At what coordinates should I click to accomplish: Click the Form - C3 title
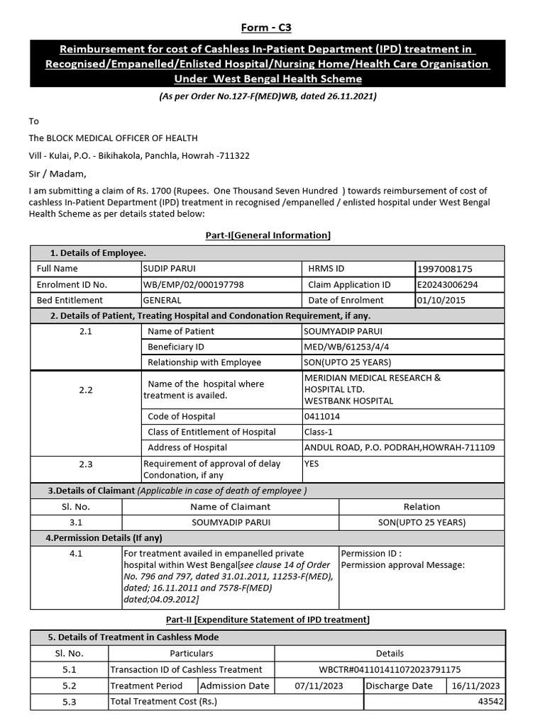266,28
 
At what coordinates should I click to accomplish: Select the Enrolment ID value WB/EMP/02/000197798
194,285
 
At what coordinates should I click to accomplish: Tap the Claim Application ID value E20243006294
448,285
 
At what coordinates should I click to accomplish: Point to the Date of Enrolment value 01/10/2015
442,301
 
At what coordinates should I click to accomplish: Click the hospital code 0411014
321,416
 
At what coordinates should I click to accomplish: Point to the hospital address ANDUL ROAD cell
400,447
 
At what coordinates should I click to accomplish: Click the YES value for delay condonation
312,464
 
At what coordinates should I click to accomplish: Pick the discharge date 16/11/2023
475,686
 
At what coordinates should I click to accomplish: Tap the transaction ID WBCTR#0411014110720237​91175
390,669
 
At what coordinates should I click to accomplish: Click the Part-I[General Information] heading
268,235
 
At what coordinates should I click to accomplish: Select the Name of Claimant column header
231,507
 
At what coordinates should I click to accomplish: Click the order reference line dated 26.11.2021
268,96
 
